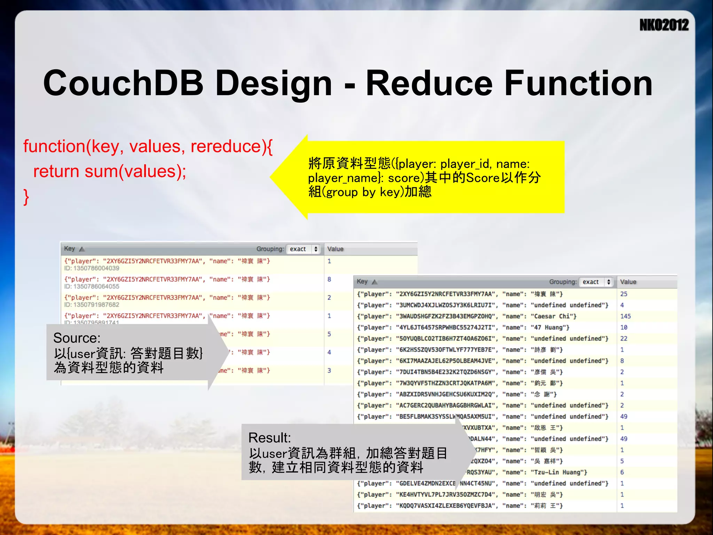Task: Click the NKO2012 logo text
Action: coord(664,25)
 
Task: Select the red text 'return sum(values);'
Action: coord(110,171)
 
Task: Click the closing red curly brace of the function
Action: coord(26,197)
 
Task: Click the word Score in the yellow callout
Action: coord(483,178)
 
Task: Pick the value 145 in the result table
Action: coord(625,316)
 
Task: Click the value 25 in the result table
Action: coord(624,294)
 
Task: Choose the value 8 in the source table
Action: coord(329,279)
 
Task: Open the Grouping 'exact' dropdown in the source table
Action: coord(303,249)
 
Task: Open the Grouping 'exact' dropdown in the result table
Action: coord(596,282)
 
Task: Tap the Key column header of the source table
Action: coord(70,249)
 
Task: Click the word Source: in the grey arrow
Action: coord(77,338)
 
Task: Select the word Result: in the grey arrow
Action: coord(269,438)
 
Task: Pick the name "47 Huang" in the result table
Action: coord(550,327)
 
